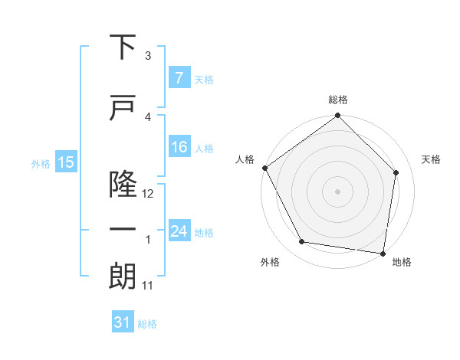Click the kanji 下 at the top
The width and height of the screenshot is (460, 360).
point(123,47)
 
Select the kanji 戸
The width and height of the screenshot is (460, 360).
point(123,107)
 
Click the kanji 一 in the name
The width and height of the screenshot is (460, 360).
point(123,231)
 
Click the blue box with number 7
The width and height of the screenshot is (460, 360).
point(179,77)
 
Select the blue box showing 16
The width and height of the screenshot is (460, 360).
point(179,148)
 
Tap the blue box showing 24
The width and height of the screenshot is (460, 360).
point(179,231)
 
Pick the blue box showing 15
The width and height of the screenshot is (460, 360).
point(66,162)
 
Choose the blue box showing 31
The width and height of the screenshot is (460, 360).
point(123,322)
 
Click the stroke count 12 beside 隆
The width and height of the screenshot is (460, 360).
point(149,194)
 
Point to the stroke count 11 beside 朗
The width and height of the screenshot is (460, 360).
point(148,286)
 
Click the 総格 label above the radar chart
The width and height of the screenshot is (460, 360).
point(338,100)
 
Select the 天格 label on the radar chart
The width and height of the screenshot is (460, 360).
point(432,159)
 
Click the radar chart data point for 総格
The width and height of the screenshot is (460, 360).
point(338,116)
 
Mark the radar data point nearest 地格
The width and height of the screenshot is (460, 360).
point(383,253)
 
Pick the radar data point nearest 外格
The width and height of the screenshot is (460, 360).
point(302,242)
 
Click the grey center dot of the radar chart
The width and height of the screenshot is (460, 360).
point(338,191)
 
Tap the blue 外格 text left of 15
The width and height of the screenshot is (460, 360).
point(40,162)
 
